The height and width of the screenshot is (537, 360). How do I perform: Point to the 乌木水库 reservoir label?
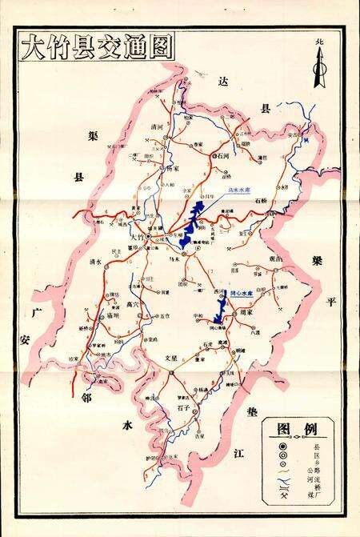[240, 190]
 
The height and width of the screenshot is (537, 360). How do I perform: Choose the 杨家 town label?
[174, 169]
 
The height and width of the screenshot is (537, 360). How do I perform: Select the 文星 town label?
[170, 358]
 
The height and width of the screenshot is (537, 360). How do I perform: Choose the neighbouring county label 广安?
[28, 325]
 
